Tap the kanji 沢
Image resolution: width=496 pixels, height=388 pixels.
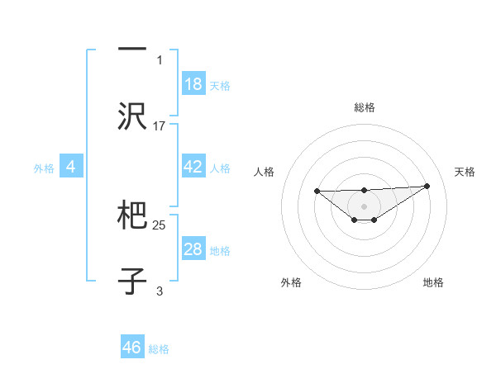pos(132,116)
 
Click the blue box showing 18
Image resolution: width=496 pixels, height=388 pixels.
pos(193,84)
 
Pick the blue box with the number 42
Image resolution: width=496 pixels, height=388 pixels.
pos(193,167)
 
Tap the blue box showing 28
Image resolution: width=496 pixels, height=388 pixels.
pos(193,249)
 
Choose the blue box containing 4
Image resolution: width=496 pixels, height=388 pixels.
pos(71,167)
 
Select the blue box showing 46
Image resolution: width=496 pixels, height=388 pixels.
pos(132,348)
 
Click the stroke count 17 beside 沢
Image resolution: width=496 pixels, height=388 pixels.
pos(160,125)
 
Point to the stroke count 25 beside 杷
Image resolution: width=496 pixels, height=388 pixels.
pos(160,225)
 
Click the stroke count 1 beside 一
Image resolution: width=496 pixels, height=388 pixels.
pos(160,59)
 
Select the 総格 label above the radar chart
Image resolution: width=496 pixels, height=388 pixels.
pos(364,107)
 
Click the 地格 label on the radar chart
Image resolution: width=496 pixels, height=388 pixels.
pos(433,282)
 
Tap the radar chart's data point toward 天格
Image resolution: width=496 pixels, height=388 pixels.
pos(427,186)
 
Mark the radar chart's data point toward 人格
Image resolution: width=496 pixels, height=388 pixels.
pos(317,191)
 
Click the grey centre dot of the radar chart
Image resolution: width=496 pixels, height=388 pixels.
pos(364,206)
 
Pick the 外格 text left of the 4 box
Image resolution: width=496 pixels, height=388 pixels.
pos(44,168)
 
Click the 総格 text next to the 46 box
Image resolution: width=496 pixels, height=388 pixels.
pos(159,349)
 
